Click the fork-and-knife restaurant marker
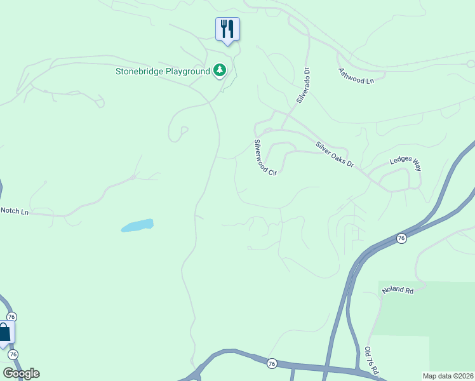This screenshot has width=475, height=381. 227,29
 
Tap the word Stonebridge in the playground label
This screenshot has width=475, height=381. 139,71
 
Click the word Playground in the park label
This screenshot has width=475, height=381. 187,71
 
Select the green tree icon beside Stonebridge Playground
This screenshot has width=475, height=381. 220,70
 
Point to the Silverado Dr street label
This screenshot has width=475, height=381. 302,86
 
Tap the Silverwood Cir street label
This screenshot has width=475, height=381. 265,157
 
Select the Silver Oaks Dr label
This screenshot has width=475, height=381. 335,154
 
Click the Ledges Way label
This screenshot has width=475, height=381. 405,164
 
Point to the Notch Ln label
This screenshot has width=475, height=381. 15,210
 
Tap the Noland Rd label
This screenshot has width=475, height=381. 398,290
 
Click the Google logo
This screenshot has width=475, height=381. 21,373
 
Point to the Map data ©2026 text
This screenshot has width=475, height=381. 447,376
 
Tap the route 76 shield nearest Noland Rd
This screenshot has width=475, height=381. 401,238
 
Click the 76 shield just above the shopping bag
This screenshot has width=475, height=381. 11,316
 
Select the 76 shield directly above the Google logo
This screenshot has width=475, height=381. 13,354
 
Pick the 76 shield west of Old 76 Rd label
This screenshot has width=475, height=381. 272,363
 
